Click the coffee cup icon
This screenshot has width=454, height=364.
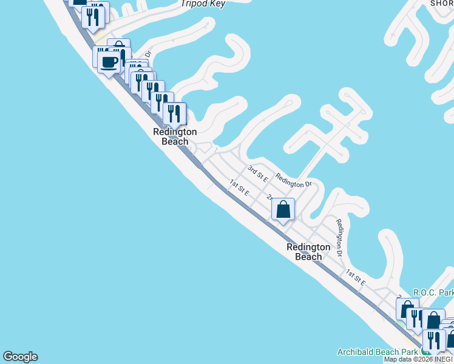[109, 61]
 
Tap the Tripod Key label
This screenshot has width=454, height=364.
[203, 4]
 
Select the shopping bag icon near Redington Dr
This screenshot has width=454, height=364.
[283, 210]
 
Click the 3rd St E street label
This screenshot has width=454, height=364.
[258, 172]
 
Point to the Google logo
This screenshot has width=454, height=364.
[20, 357]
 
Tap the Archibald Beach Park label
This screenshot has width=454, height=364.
[376, 352]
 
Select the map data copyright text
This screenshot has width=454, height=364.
[418, 359]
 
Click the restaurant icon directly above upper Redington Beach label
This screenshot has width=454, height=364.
[175, 113]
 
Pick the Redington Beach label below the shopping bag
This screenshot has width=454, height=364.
[308, 252]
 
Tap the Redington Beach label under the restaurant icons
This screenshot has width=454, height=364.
[175, 136]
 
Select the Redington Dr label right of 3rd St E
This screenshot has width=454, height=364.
[293, 180]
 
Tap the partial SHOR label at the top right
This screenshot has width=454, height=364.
[442, 3]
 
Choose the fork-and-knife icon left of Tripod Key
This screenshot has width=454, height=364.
[93, 16]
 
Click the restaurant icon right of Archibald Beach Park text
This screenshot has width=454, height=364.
[434, 340]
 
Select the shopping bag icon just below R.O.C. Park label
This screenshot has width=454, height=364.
[408, 308]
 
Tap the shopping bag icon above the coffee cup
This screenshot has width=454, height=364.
[119, 50]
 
